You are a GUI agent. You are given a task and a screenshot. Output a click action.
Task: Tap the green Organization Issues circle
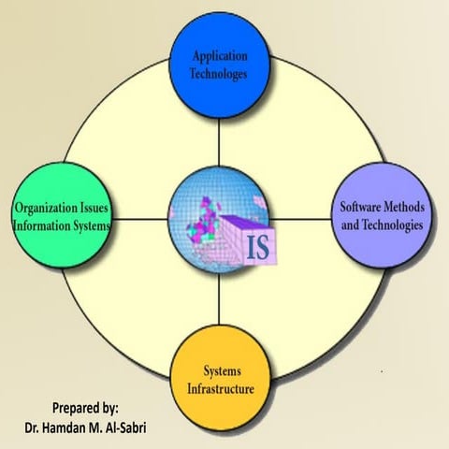tap(61, 215)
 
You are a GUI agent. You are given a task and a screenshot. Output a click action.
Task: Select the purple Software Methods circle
tap(382, 217)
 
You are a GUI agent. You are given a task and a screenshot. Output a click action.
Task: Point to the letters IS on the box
tap(257, 248)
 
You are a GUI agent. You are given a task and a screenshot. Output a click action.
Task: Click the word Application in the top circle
tap(220, 55)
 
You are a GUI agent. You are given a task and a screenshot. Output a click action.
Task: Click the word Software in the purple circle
tap(359, 210)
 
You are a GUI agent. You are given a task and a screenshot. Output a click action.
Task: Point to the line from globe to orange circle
tap(221, 300)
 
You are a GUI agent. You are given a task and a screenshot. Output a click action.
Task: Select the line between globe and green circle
tap(140, 221)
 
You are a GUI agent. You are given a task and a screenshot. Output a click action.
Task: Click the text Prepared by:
tap(85, 407)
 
